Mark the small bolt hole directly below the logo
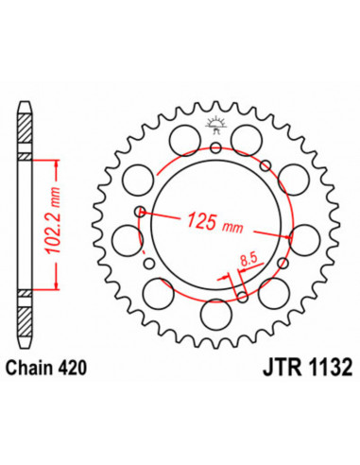pos(216,147)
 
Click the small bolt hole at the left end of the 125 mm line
pos(140,213)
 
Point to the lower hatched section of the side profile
pos(26,308)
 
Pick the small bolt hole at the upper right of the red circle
pos(266,166)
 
